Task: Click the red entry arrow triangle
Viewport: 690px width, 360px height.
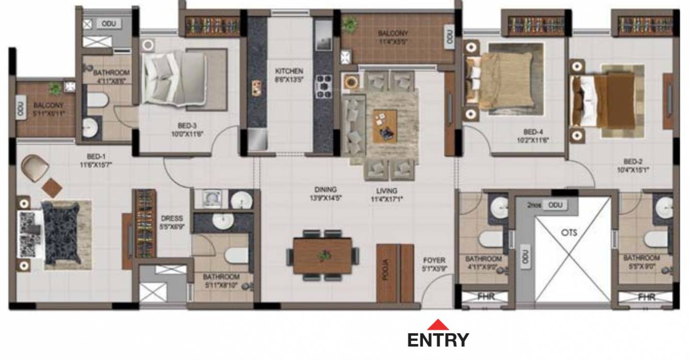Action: coord(437,325)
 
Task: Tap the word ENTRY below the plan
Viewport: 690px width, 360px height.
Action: coord(438,340)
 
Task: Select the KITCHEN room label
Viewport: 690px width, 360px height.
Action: coord(289,71)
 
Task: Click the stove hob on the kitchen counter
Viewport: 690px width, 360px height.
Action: coord(324,86)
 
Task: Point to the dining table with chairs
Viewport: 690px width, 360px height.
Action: coord(322,256)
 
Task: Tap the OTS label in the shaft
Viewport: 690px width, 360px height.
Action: coord(569,232)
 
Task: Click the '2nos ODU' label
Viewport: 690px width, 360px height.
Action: coord(548,205)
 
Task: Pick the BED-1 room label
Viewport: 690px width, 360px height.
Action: coord(97,156)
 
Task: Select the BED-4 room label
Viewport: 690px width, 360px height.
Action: coord(533,132)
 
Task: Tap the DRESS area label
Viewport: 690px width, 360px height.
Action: coord(169,218)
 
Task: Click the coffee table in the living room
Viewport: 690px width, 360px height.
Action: coord(384,126)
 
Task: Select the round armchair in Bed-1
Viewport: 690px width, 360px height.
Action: coord(35,168)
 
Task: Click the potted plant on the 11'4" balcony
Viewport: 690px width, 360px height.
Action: coord(351,23)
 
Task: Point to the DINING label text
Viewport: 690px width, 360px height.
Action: coord(326,190)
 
